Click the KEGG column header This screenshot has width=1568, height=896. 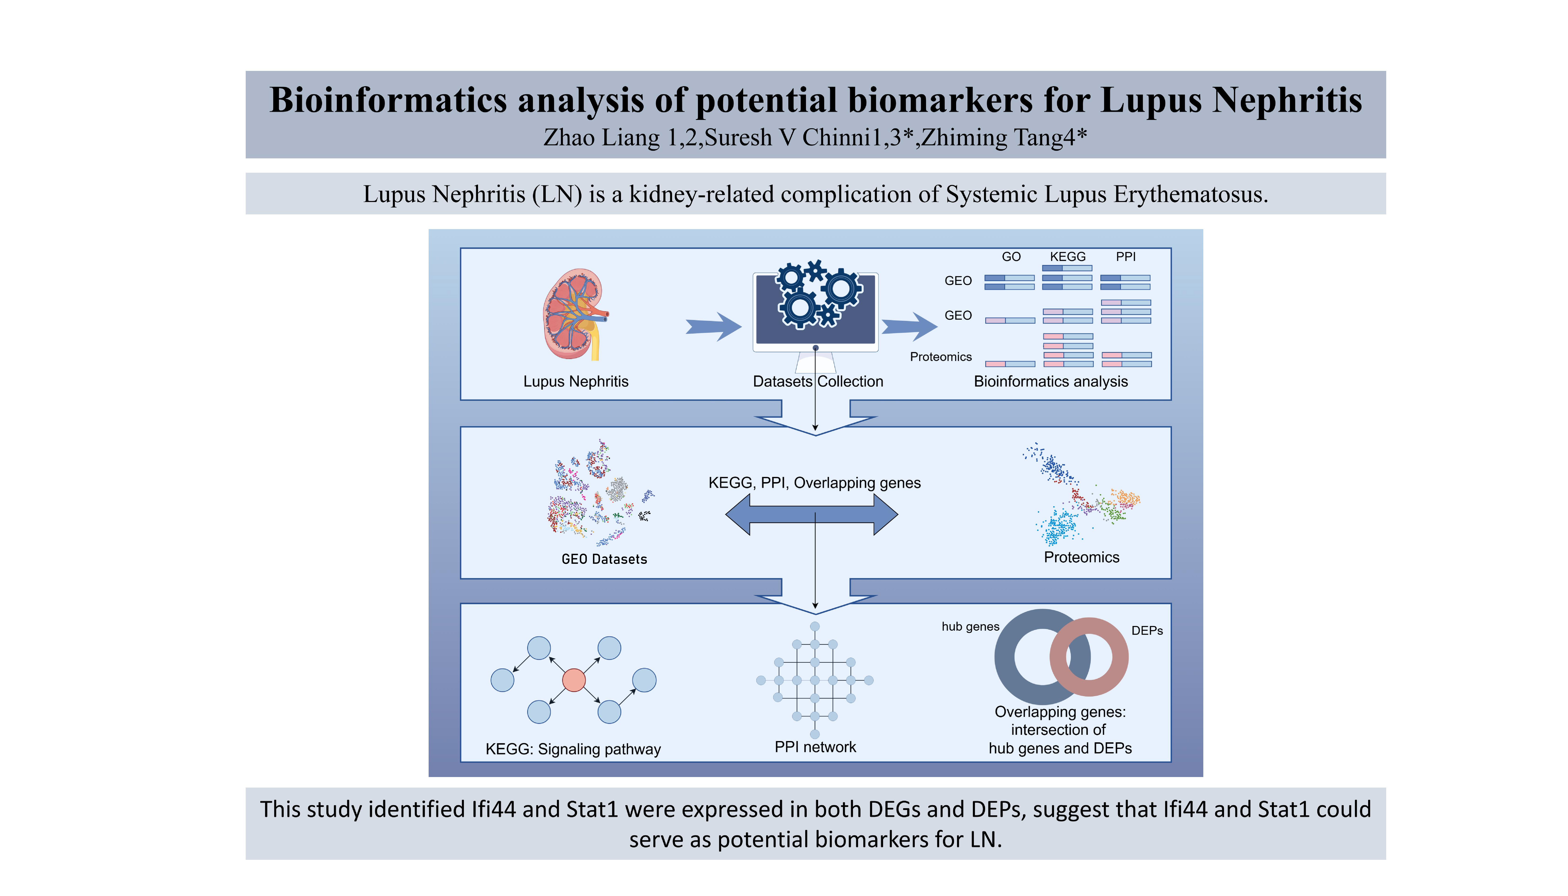point(1068,257)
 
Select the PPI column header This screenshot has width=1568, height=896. point(1126,257)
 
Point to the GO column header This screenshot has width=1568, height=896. point(1011,257)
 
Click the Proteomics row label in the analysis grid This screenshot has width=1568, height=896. point(940,357)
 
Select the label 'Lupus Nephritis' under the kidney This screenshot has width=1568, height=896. point(575,382)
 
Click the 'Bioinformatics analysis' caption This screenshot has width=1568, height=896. point(1051,382)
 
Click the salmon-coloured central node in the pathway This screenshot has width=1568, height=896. point(573,680)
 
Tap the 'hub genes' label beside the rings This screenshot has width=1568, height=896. point(970,626)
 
